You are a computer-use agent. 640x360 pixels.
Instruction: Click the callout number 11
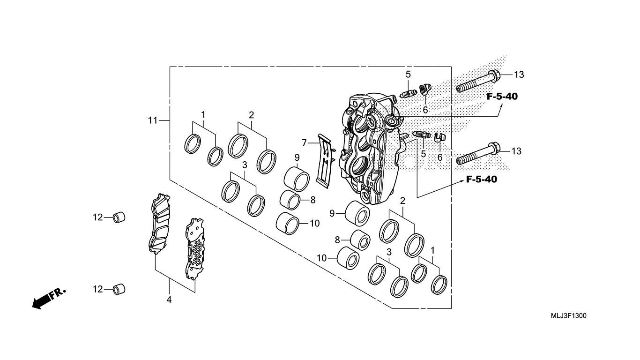(153, 120)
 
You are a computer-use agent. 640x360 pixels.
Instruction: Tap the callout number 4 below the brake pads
(169, 300)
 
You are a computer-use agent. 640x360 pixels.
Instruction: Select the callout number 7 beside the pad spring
(304, 142)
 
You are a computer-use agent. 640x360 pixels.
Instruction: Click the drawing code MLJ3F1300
(569, 315)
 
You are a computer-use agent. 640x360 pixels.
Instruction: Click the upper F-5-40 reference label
(502, 97)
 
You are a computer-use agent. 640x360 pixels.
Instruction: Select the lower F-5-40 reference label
(482, 179)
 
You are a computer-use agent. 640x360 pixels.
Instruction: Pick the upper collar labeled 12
(119, 217)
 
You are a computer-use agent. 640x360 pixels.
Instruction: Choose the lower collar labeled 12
(119, 289)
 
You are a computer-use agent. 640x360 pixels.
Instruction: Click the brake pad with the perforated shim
(195, 248)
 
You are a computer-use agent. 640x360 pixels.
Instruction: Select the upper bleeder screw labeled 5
(408, 93)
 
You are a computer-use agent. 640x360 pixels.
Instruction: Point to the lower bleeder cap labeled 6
(440, 137)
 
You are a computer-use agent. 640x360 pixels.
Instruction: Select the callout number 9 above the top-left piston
(297, 157)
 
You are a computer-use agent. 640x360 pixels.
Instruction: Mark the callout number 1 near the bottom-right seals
(432, 250)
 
